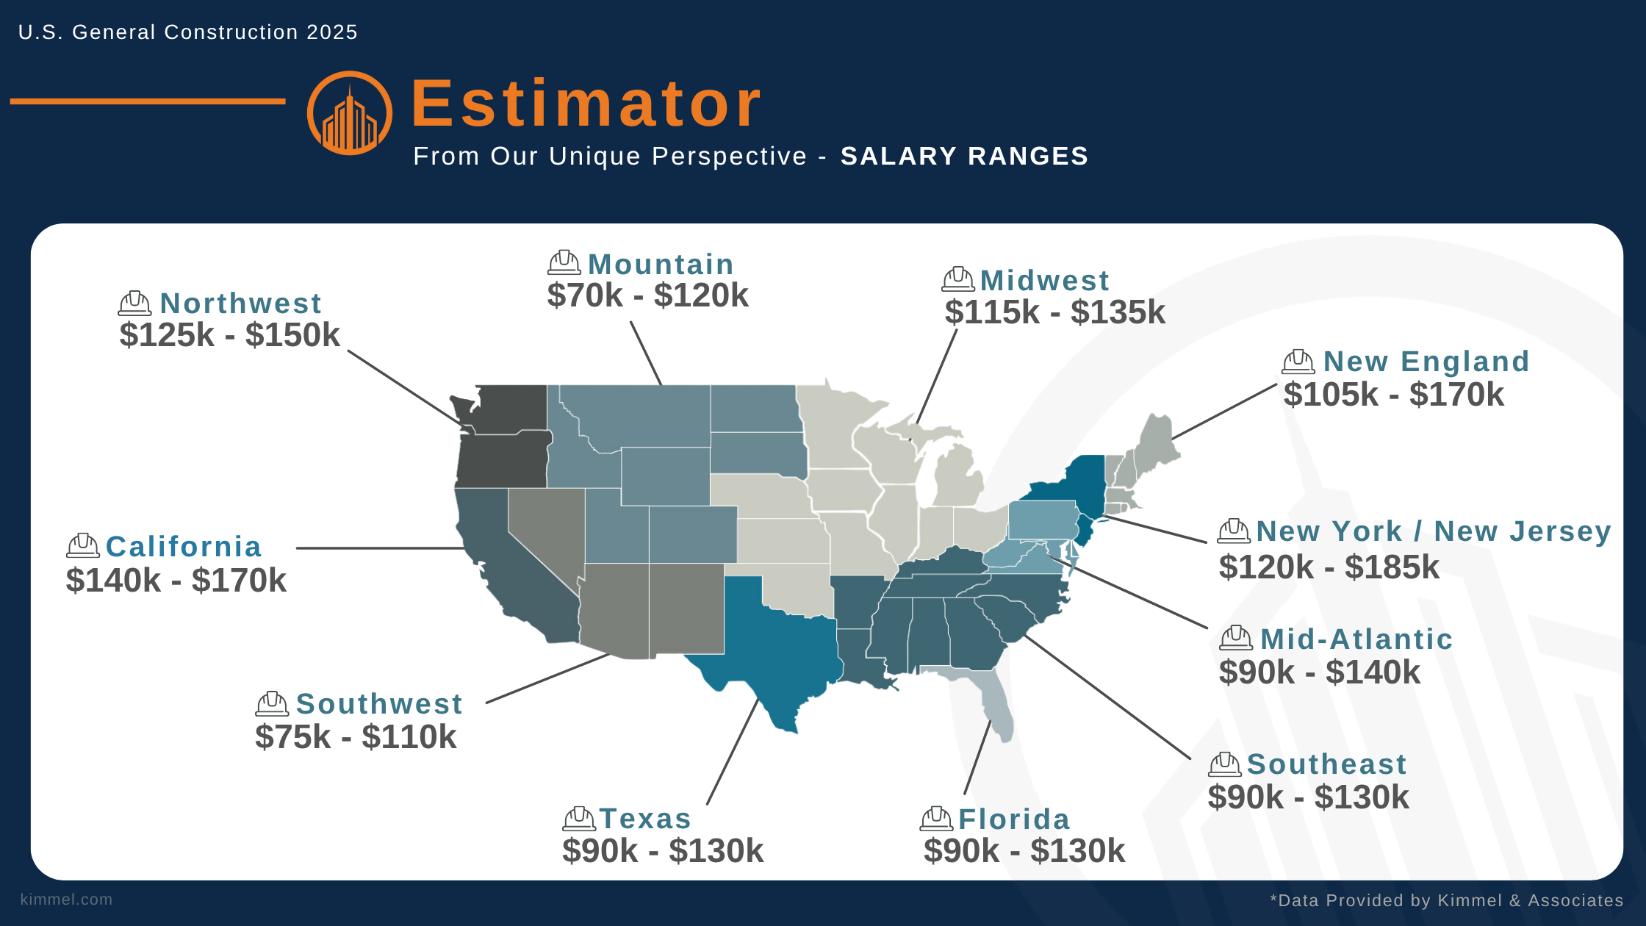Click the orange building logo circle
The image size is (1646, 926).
click(349, 113)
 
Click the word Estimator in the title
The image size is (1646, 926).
click(586, 104)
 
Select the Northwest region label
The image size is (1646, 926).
click(240, 304)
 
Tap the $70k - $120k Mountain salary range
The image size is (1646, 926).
click(647, 295)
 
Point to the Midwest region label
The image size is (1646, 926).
click(1044, 281)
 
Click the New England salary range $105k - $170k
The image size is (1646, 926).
click(1393, 395)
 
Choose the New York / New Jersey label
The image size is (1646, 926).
click(1433, 531)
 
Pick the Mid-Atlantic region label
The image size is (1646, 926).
click(1356, 639)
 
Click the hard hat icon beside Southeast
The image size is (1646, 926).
click(1224, 764)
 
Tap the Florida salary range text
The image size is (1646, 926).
click(1024, 851)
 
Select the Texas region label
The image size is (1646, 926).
click(645, 819)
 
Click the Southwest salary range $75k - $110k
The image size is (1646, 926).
click(356, 737)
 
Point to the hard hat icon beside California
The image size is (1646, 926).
click(83, 546)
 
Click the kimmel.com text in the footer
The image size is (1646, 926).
click(66, 900)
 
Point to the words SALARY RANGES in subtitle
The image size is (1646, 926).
click(964, 157)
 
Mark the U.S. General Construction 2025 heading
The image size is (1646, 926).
click(187, 32)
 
